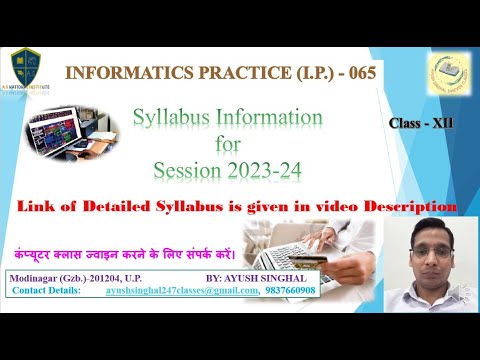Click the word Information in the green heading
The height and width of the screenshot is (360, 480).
point(279,119)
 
